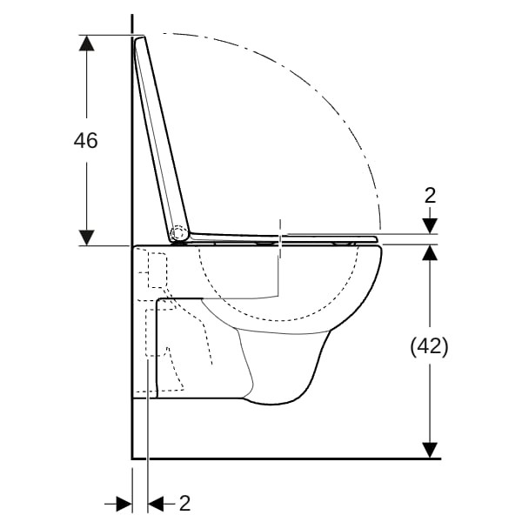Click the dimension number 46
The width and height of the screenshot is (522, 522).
85,140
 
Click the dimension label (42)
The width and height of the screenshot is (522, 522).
429,346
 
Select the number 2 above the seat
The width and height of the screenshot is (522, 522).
430,196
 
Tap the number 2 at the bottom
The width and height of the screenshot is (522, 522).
184,503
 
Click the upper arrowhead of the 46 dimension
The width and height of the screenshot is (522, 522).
86,43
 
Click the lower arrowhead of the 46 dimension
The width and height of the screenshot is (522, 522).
86,238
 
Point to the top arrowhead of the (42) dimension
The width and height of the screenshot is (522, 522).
430,252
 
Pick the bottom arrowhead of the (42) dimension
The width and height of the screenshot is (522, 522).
430,450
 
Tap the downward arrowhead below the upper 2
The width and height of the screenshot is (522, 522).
430,226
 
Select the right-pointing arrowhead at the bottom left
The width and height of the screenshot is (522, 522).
124,504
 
